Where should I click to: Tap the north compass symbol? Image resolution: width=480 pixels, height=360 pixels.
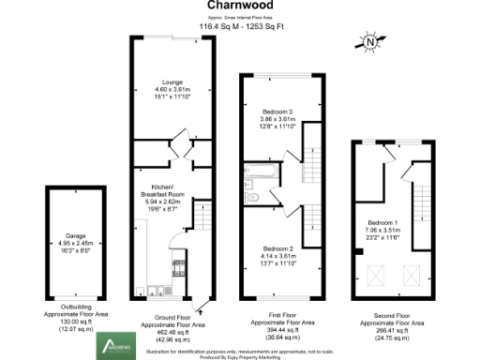[372, 40]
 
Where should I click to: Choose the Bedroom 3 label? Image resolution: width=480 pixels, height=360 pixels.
[277, 119]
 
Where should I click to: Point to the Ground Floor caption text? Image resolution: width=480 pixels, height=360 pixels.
[172, 323]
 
